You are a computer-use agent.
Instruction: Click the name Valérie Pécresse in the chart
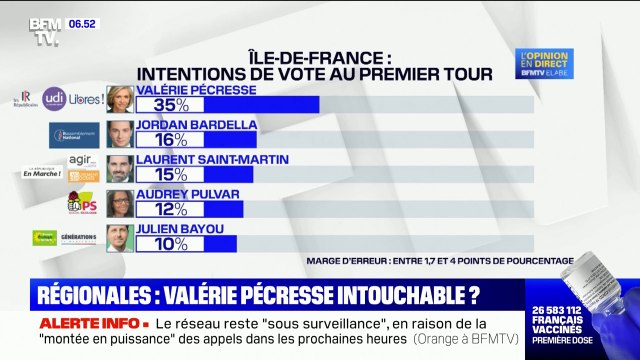(196, 89)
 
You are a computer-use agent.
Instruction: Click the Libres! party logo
(85, 98)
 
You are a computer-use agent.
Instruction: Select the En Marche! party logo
(41, 172)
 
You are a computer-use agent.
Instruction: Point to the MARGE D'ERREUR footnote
(440, 261)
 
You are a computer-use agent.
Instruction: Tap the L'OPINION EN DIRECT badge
(548, 62)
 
